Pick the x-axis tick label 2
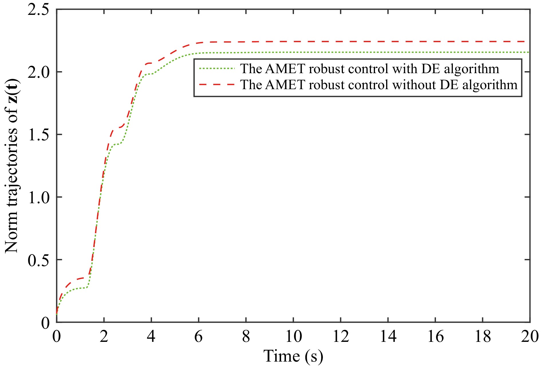tap(104, 336)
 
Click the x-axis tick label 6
tap(199, 336)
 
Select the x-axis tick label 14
tap(388, 336)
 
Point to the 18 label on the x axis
tap(483, 336)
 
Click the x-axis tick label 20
tap(530, 336)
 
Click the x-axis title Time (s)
tap(293, 356)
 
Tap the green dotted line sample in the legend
tap(217, 69)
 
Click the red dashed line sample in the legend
tap(217, 85)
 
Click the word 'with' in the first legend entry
tap(404, 69)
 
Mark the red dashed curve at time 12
tap(341, 42)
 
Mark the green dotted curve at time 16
tap(435, 52)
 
